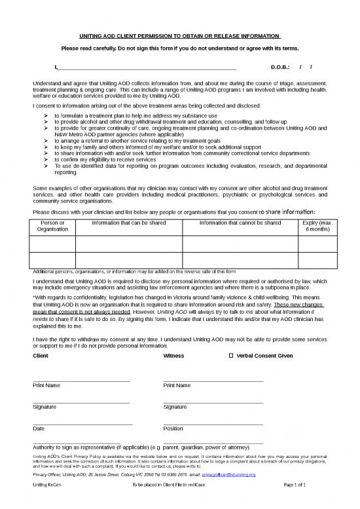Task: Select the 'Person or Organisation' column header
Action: [x=53, y=226]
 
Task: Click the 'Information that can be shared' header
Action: [x=128, y=223]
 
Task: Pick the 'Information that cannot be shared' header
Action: [x=240, y=223]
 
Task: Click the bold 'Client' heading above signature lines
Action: [x=41, y=356]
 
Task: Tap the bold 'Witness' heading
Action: [x=173, y=356]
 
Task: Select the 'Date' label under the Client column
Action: [x=39, y=428]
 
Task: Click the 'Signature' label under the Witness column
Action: [x=175, y=407]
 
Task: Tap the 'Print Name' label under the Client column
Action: [x=46, y=385]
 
